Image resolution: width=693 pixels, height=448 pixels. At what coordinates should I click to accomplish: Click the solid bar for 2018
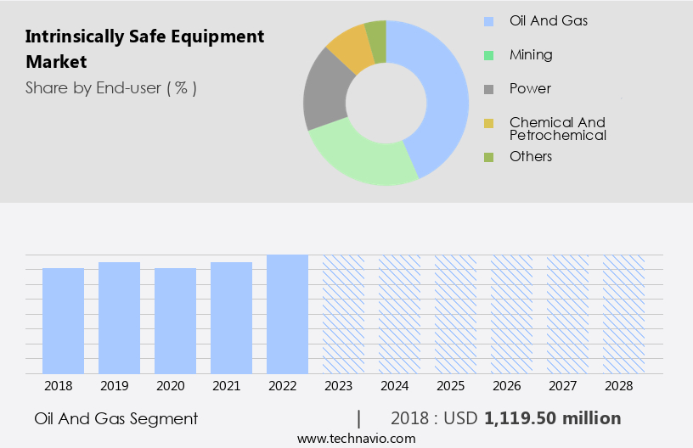tap(63, 321)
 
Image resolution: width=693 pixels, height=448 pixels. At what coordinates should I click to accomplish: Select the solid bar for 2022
tap(287, 314)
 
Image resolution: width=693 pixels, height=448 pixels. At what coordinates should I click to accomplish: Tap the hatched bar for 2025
tap(455, 314)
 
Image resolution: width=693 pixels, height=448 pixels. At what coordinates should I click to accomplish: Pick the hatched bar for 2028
tap(623, 314)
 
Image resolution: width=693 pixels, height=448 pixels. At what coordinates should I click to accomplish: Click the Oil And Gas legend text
tap(548, 20)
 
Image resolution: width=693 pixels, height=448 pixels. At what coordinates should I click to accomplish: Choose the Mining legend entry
tap(531, 54)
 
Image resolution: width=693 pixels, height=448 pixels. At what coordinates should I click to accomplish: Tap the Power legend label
tap(530, 88)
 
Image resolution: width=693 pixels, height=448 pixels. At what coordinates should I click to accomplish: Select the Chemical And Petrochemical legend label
tap(557, 129)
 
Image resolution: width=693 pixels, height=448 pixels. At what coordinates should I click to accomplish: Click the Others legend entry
tap(531, 156)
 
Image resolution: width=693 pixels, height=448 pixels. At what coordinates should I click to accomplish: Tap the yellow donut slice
tap(349, 48)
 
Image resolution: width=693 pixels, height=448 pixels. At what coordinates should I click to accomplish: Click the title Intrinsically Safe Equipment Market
tap(144, 49)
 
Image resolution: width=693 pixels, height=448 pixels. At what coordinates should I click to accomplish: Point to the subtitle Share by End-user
tap(111, 87)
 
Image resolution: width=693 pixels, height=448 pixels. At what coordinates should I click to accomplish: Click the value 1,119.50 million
tap(553, 418)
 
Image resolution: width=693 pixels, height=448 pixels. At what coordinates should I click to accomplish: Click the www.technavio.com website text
tap(357, 438)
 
